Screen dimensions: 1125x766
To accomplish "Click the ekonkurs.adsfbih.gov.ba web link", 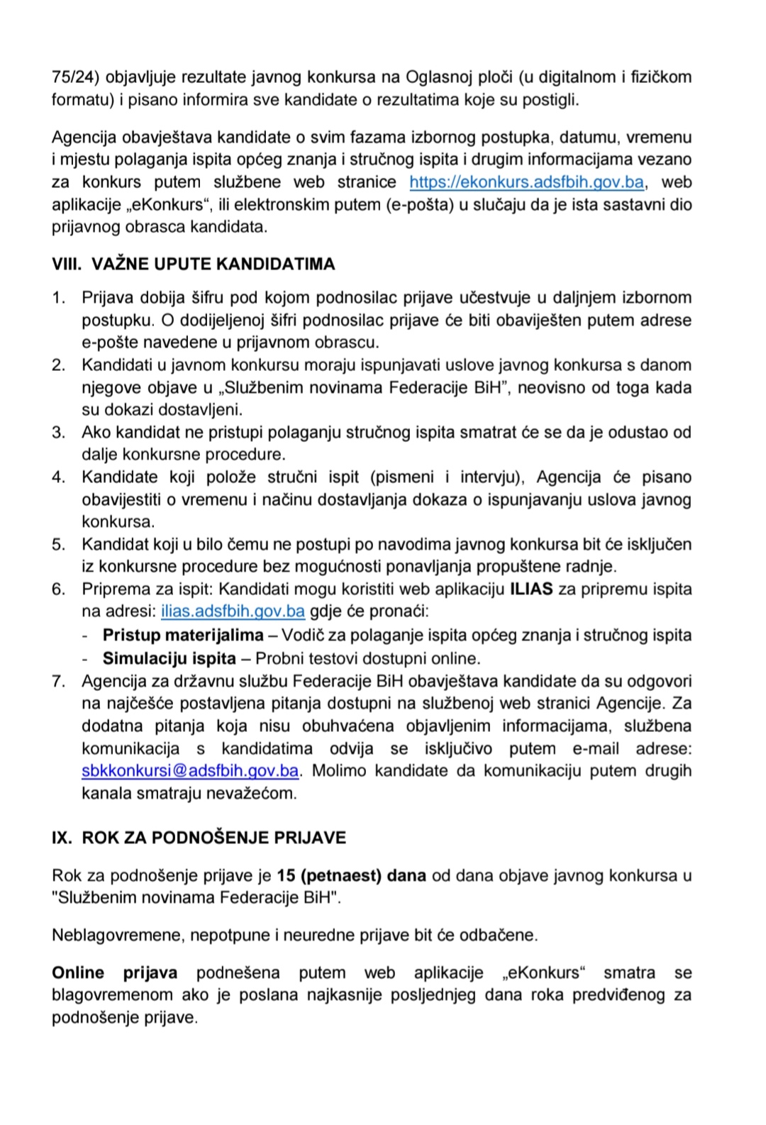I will [x=526, y=182].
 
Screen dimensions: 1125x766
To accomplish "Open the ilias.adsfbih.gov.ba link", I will [x=233, y=611].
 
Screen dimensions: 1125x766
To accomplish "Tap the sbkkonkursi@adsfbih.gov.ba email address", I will [x=190, y=771].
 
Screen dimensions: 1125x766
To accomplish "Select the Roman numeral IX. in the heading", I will [x=62, y=838].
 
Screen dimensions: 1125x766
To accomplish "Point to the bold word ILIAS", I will [x=531, y=589].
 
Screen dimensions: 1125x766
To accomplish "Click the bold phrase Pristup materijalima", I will [x=183, y=635].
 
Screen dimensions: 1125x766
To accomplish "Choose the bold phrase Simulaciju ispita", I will [x=169, y=658].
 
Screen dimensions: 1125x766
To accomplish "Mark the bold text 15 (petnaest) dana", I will [x=351, y=875].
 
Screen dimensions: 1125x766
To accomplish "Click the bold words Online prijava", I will [x=114, y=972].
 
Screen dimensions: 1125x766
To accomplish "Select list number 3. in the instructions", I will [x=59, y=433].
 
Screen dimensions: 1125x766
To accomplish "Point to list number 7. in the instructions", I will [x=59, y=682].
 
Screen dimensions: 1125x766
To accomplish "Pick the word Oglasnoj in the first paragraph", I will [x=435, y=77].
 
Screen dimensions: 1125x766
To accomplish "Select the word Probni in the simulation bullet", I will [x=279, y=658].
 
